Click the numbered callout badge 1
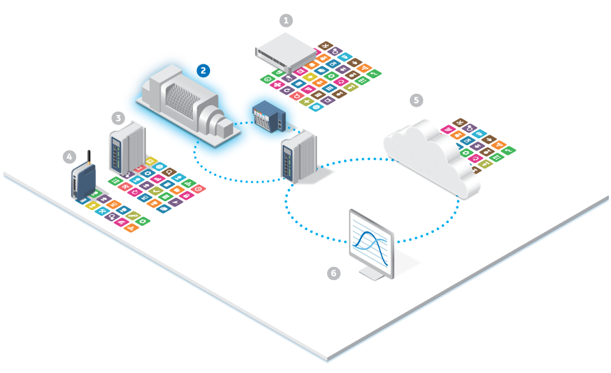pos(287,21)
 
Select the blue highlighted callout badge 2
pos(203,70)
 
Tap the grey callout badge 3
pos(118,118)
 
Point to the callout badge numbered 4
pos(69,157)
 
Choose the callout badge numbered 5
pos(416,100)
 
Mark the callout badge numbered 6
pos(333,274)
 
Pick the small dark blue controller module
pos(270,116)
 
